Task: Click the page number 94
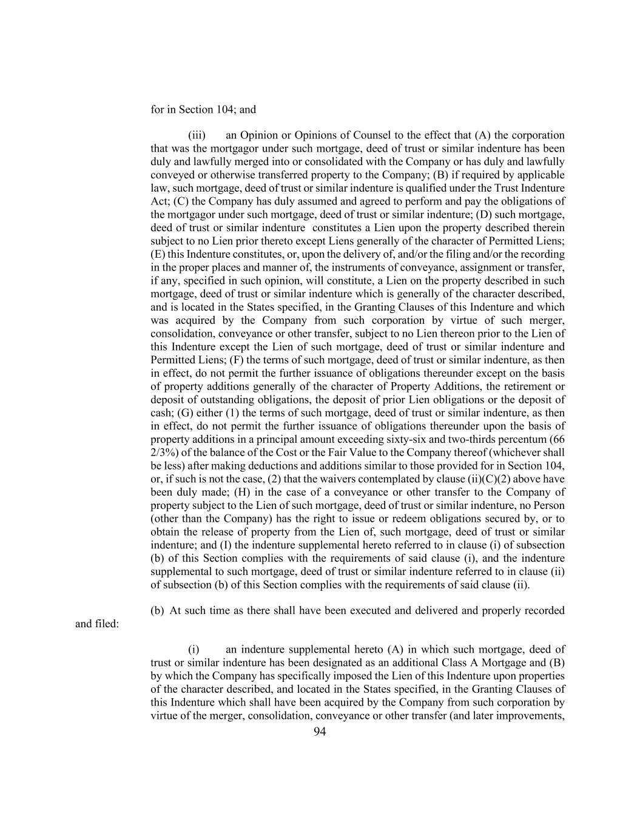click(x=320, y=732)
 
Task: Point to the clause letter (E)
click(x=159, y=254)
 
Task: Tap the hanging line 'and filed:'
click(x=97, y=624)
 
